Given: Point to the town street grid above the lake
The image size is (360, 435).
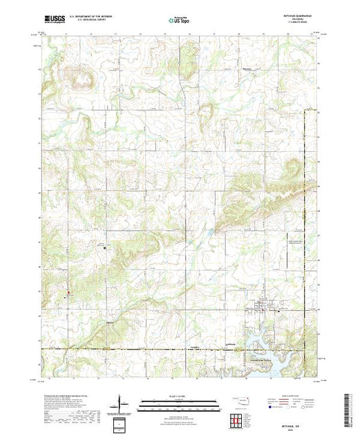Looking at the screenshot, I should pyautogui.click(x=265, y=307).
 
